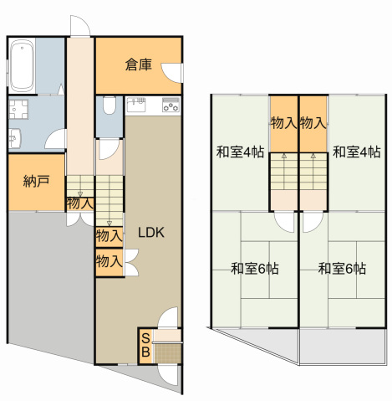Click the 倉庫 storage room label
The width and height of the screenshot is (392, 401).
(138, 64)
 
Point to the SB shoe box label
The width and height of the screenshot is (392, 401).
(145, 345)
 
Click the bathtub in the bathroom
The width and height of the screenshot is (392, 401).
(23, 67)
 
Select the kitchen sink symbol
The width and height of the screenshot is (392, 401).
(138, 105)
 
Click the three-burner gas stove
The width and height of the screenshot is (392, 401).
(170, 105)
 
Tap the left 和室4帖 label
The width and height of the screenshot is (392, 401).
(240, 152)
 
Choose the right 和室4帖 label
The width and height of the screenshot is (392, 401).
(356, 152)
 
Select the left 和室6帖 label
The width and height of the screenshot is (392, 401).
(254, 269)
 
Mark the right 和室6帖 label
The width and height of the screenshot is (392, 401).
(341, 269)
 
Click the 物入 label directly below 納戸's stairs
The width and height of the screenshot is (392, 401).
(80, 203)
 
